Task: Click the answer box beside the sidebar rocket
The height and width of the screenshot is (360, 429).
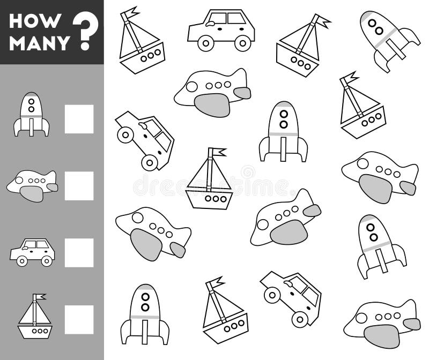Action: [x=79, y=119]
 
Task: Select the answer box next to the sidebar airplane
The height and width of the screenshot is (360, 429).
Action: [x=79, y=186]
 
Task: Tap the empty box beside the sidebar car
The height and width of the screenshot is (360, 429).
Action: [x=79, y=253]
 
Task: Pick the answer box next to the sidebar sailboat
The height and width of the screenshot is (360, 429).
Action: [x=79, y=320]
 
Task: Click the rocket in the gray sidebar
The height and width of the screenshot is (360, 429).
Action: [x=32, y=114]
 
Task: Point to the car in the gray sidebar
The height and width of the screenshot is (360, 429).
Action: [x=32, y=252]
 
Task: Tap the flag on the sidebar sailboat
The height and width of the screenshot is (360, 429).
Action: [x=40, y=297]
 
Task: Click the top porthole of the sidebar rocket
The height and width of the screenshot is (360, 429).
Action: [x=32, y=100]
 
